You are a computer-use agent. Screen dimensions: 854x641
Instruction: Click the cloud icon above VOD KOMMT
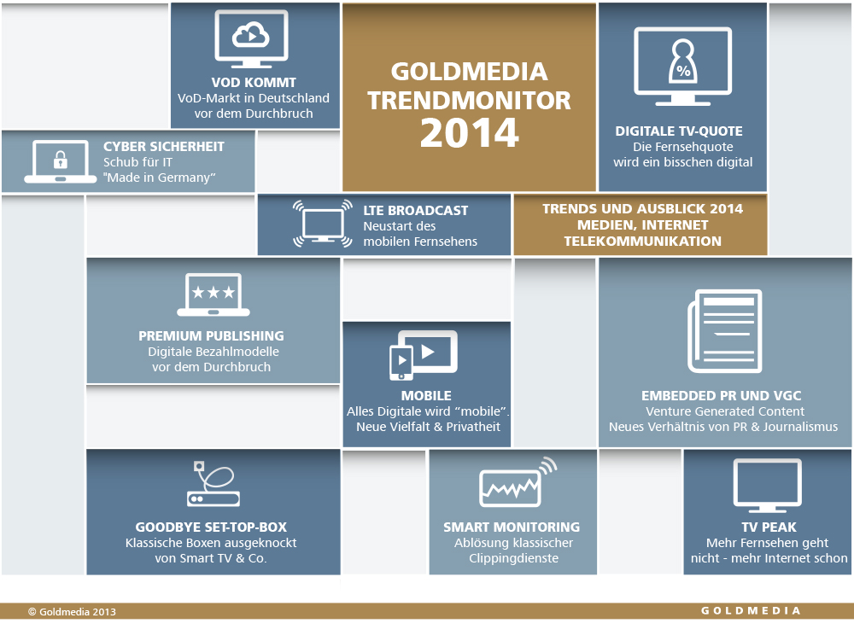point(250,35)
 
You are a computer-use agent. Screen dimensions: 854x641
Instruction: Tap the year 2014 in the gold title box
point(470,133)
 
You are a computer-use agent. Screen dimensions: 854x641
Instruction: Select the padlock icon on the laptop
point(61,160)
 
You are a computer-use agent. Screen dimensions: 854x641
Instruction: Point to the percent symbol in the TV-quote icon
point(683,71)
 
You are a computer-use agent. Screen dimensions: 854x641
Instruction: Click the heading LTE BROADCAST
point(416,211)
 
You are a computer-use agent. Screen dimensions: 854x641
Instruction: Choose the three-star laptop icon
point(213,294)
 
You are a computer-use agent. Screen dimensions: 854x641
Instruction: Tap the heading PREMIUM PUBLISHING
point(211,335)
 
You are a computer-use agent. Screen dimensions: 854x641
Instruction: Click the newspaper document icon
point(724,331)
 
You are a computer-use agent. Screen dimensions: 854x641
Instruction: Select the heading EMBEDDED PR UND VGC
point(721,395)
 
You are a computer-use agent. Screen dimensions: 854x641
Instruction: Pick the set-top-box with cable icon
point(213,484)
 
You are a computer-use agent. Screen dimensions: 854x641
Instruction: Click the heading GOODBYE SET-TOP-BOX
point(211,527)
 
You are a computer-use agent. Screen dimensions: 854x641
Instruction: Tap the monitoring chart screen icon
point(511,487)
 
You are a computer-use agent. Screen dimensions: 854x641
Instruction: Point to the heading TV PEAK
point(769,527)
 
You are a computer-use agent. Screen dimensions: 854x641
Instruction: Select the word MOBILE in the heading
point(426,395)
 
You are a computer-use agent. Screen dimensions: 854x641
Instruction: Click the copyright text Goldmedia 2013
point(72,612)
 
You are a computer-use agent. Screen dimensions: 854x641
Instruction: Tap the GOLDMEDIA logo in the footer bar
point(751,610)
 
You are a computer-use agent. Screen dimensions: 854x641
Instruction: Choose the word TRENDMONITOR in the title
point(469,101)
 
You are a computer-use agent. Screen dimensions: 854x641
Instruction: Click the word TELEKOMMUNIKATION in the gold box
point(643,241)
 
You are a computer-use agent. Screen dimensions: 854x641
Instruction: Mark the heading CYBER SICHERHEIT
point(164,146)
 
